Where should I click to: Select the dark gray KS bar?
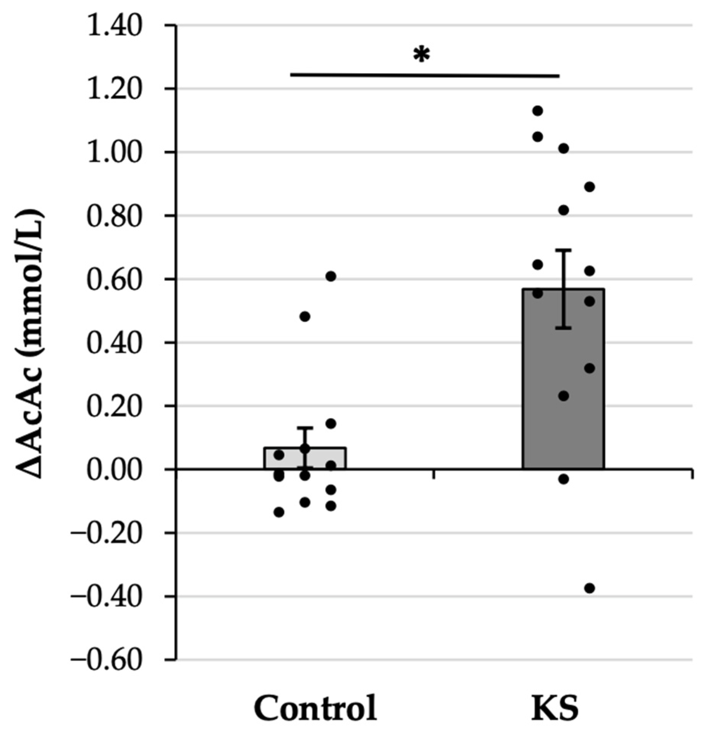pos(563,381)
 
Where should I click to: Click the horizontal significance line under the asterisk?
pos(424,75)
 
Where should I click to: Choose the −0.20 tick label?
pos(107,534)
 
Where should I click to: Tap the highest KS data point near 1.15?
pos(538,111)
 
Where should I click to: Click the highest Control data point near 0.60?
pos(331,276)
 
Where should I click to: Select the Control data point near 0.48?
pos(305,317)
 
